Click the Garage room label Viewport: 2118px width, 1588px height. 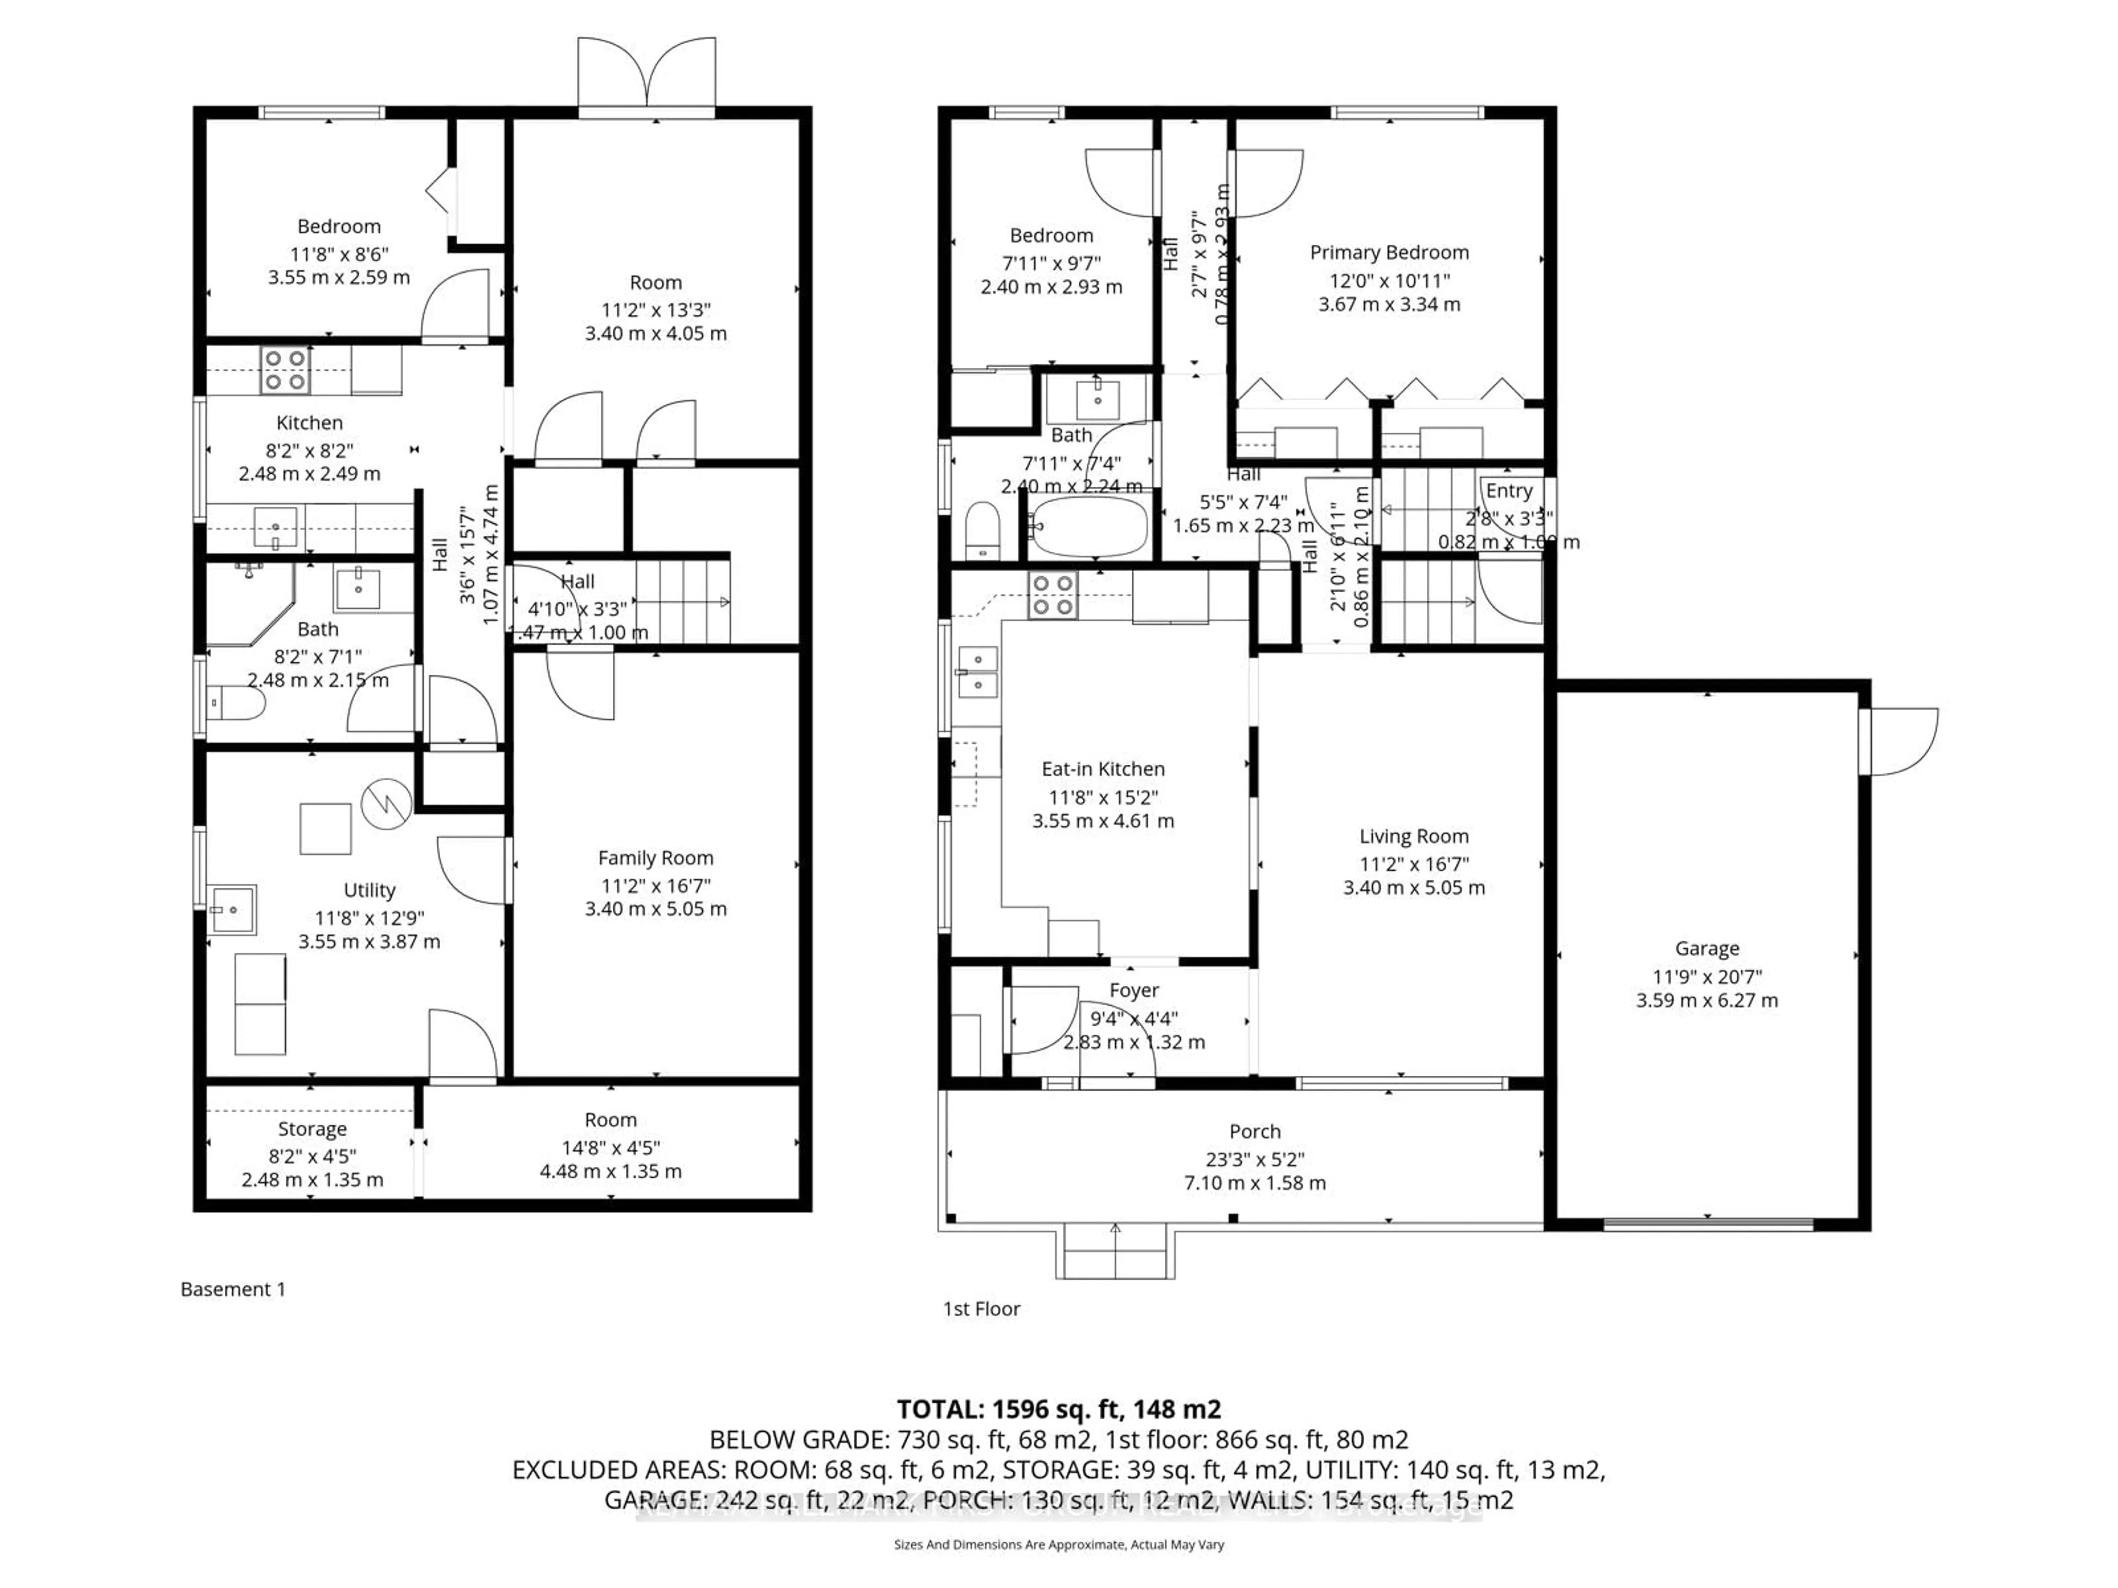[x=1707, y=948]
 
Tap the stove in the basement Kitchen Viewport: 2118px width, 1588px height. [x=285, y=371]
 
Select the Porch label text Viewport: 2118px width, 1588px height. [x=1254, y=1131]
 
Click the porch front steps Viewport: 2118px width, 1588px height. [x=1115, y=1254]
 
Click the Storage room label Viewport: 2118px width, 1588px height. [x=312, y=1129]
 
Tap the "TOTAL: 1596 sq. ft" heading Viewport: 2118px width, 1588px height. [x=1058, y=1409]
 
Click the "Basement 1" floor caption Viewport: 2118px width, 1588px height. [x=233, y=1289]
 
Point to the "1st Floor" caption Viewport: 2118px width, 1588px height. [x=981, y=1308]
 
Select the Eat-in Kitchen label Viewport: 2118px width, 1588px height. [x=1103, y=769]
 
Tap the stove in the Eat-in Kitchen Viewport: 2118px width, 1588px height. [x=1052, y=594]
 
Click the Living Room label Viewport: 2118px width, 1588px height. [x=1413, y=836]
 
